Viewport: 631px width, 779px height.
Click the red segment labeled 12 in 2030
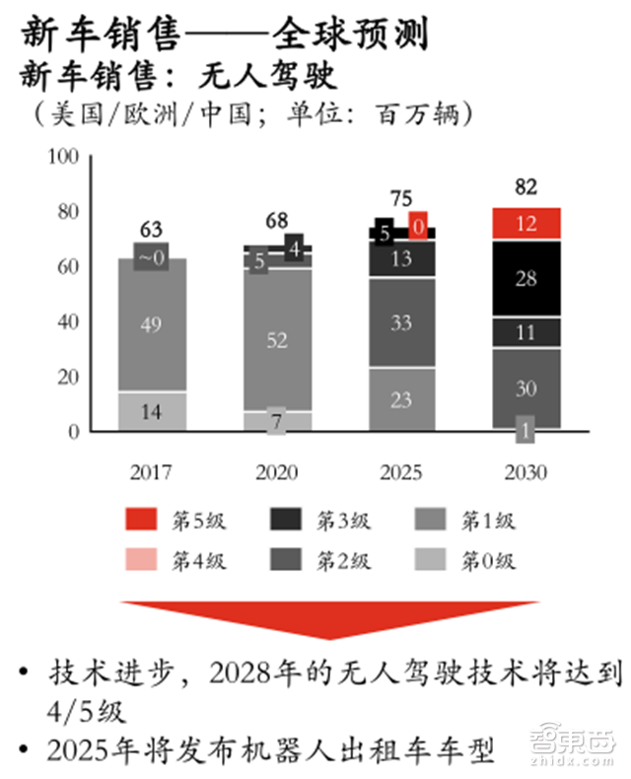tap(526, 223)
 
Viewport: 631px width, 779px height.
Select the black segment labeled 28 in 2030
tap(526, 278)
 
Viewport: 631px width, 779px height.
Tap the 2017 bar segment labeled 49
tap(151, 324)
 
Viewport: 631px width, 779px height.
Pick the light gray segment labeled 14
tap(151, 412)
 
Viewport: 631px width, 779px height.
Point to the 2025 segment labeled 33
tap(401, 322)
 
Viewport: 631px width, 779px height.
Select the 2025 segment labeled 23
tap(401, 399)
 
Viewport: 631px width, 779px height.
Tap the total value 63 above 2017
tap(151, 230)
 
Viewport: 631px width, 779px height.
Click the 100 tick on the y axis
tap(62, 157)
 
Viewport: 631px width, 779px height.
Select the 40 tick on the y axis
tap(68, 321)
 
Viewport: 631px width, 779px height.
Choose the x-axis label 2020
tap(276, 472)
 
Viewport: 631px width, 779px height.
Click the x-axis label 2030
tap(526, 472)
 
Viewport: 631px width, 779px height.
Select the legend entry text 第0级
tap(489, 562)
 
